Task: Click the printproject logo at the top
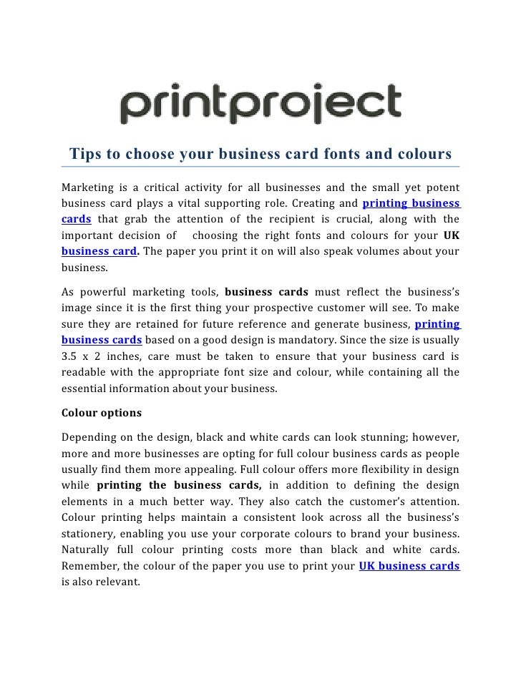tap(260, 105)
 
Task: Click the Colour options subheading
tap(102, 413)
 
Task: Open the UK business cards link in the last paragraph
tap(409, 566)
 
